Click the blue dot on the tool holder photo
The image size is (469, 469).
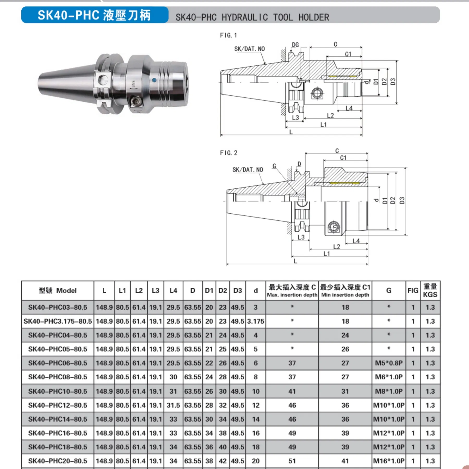(154, 80)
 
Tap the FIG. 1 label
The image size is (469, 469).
(229, 35)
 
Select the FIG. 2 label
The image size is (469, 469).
(229, 153)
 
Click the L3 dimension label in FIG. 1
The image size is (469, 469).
(295, 118)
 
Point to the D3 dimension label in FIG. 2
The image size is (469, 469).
(402, 200)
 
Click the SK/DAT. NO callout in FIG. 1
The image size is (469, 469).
(249, 49)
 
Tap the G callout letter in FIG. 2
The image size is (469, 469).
(274, 166)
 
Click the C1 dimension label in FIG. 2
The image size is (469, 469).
(343, 158)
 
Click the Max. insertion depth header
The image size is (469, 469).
(292, 295)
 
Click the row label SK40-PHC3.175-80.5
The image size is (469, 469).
(58, 321)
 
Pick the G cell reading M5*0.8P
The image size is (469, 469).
(388, 363)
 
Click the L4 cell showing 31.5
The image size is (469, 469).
(173, 405)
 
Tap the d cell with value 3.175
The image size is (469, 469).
(256, 321)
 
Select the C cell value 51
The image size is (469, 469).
(292, 461)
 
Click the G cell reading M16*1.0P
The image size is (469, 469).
(388, 461)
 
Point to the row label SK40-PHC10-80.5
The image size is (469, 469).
(58, 391)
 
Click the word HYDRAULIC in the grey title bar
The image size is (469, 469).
(244, 17)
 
